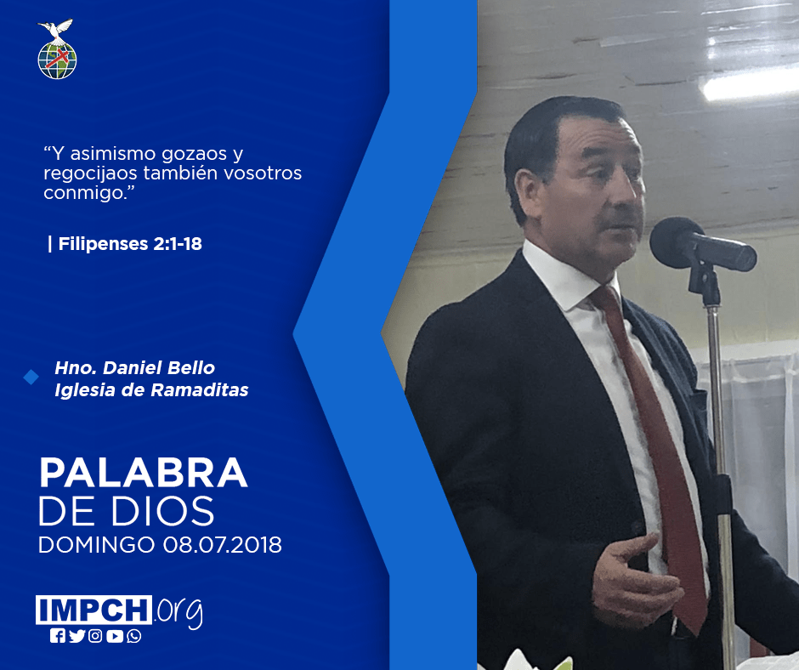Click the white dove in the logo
[x=55, y=30]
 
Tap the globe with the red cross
[x=57, y=60]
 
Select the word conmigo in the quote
[x=84, y=193]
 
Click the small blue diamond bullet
[x=31, y=378]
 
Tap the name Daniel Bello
[x=159, y=367]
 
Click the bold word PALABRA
[x=144, y=474]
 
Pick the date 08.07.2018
[x=223, y=544]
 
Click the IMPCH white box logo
[x=93, y=610]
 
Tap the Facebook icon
[x=58, y=636]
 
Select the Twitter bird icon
[x=77, y=636]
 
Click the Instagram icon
[x=95, y=636]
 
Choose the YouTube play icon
[x=115, y=636]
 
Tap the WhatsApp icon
[x=134, y=636]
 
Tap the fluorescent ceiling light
[x=750, y=84]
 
